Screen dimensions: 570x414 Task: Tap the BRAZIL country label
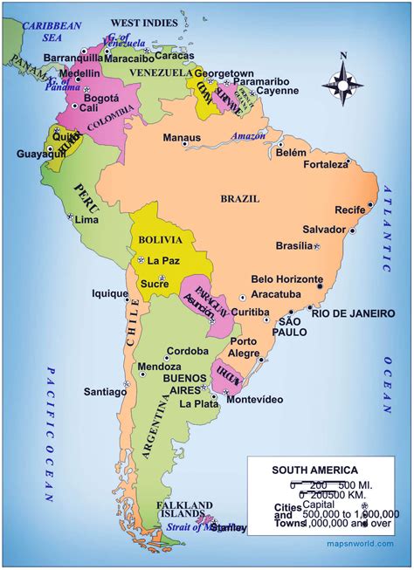coord(240,199)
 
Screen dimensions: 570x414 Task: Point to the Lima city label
coord(87,220)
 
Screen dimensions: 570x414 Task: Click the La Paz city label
coord(162,260)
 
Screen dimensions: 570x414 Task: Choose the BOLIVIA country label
coord(160,239)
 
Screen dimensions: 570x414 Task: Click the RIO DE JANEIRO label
coord(353,313)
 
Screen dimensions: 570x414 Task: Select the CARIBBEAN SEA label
coord(45,31)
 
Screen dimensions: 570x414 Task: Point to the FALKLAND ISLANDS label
coord(184,511)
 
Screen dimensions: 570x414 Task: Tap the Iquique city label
coord(110,294)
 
